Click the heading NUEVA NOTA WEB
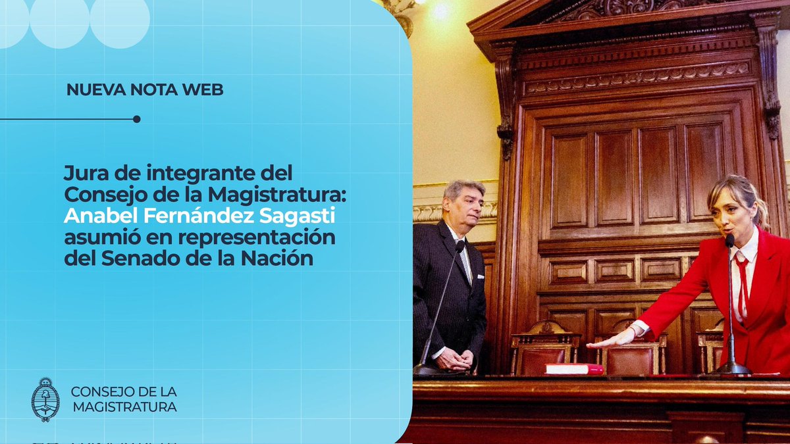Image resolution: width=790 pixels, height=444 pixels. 145,89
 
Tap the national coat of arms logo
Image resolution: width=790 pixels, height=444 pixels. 45,399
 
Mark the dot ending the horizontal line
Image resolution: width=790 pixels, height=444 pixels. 136,119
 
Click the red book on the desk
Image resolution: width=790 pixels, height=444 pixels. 573,368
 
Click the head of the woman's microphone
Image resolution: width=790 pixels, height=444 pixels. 729,240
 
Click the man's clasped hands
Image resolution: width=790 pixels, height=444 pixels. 454,358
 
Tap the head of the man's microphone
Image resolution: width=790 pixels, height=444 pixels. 460,247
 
